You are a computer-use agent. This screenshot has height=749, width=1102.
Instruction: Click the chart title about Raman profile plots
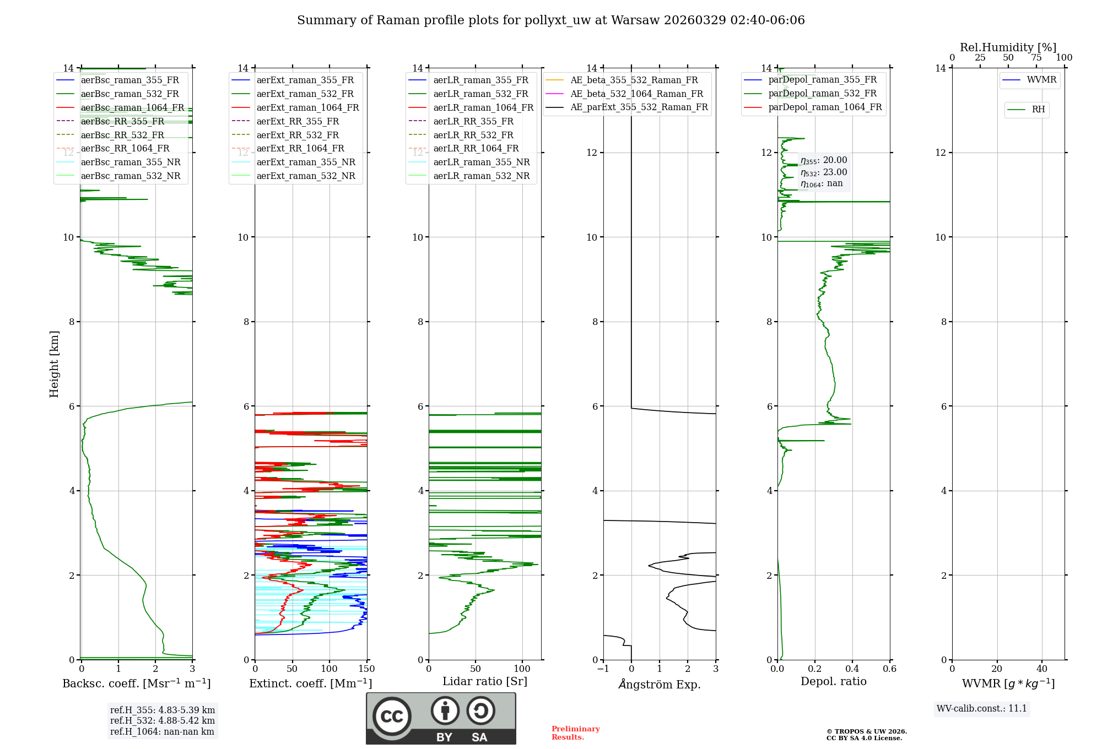coord(550,20)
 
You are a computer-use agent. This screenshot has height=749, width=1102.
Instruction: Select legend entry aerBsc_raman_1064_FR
coord(132,107)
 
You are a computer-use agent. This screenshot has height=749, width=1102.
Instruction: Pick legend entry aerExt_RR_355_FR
coord(298,121)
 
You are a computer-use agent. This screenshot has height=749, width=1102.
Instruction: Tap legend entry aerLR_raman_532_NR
coord(481,176)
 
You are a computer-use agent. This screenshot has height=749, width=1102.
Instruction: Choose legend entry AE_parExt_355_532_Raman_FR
coord(639,107)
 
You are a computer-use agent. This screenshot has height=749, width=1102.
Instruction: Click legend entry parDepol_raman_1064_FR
coord(825,107)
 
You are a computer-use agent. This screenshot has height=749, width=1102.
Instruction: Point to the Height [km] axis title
coord(54,363)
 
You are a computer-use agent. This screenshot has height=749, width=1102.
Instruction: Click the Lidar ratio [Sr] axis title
coord(485,681)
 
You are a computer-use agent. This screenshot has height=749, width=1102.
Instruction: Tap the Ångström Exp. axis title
coord(660,684)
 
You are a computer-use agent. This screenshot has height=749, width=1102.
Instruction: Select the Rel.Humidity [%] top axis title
coord(1008,47)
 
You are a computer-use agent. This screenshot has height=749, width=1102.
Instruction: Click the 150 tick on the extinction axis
coord(366,669)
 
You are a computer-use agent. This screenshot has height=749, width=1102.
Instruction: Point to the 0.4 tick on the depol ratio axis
coord(852,669)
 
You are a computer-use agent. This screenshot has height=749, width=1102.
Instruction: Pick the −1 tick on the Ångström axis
coord(603,669)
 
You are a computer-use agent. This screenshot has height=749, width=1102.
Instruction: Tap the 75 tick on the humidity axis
coord(1036,58)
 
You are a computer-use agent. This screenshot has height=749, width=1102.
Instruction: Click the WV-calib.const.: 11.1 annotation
coord(981,708)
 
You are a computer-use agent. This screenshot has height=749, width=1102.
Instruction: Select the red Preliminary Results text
coord(575,732)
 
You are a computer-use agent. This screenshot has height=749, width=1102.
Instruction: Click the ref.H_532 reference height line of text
coord(162,720)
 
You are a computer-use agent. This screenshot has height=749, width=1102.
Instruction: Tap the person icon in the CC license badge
coord(445,710)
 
